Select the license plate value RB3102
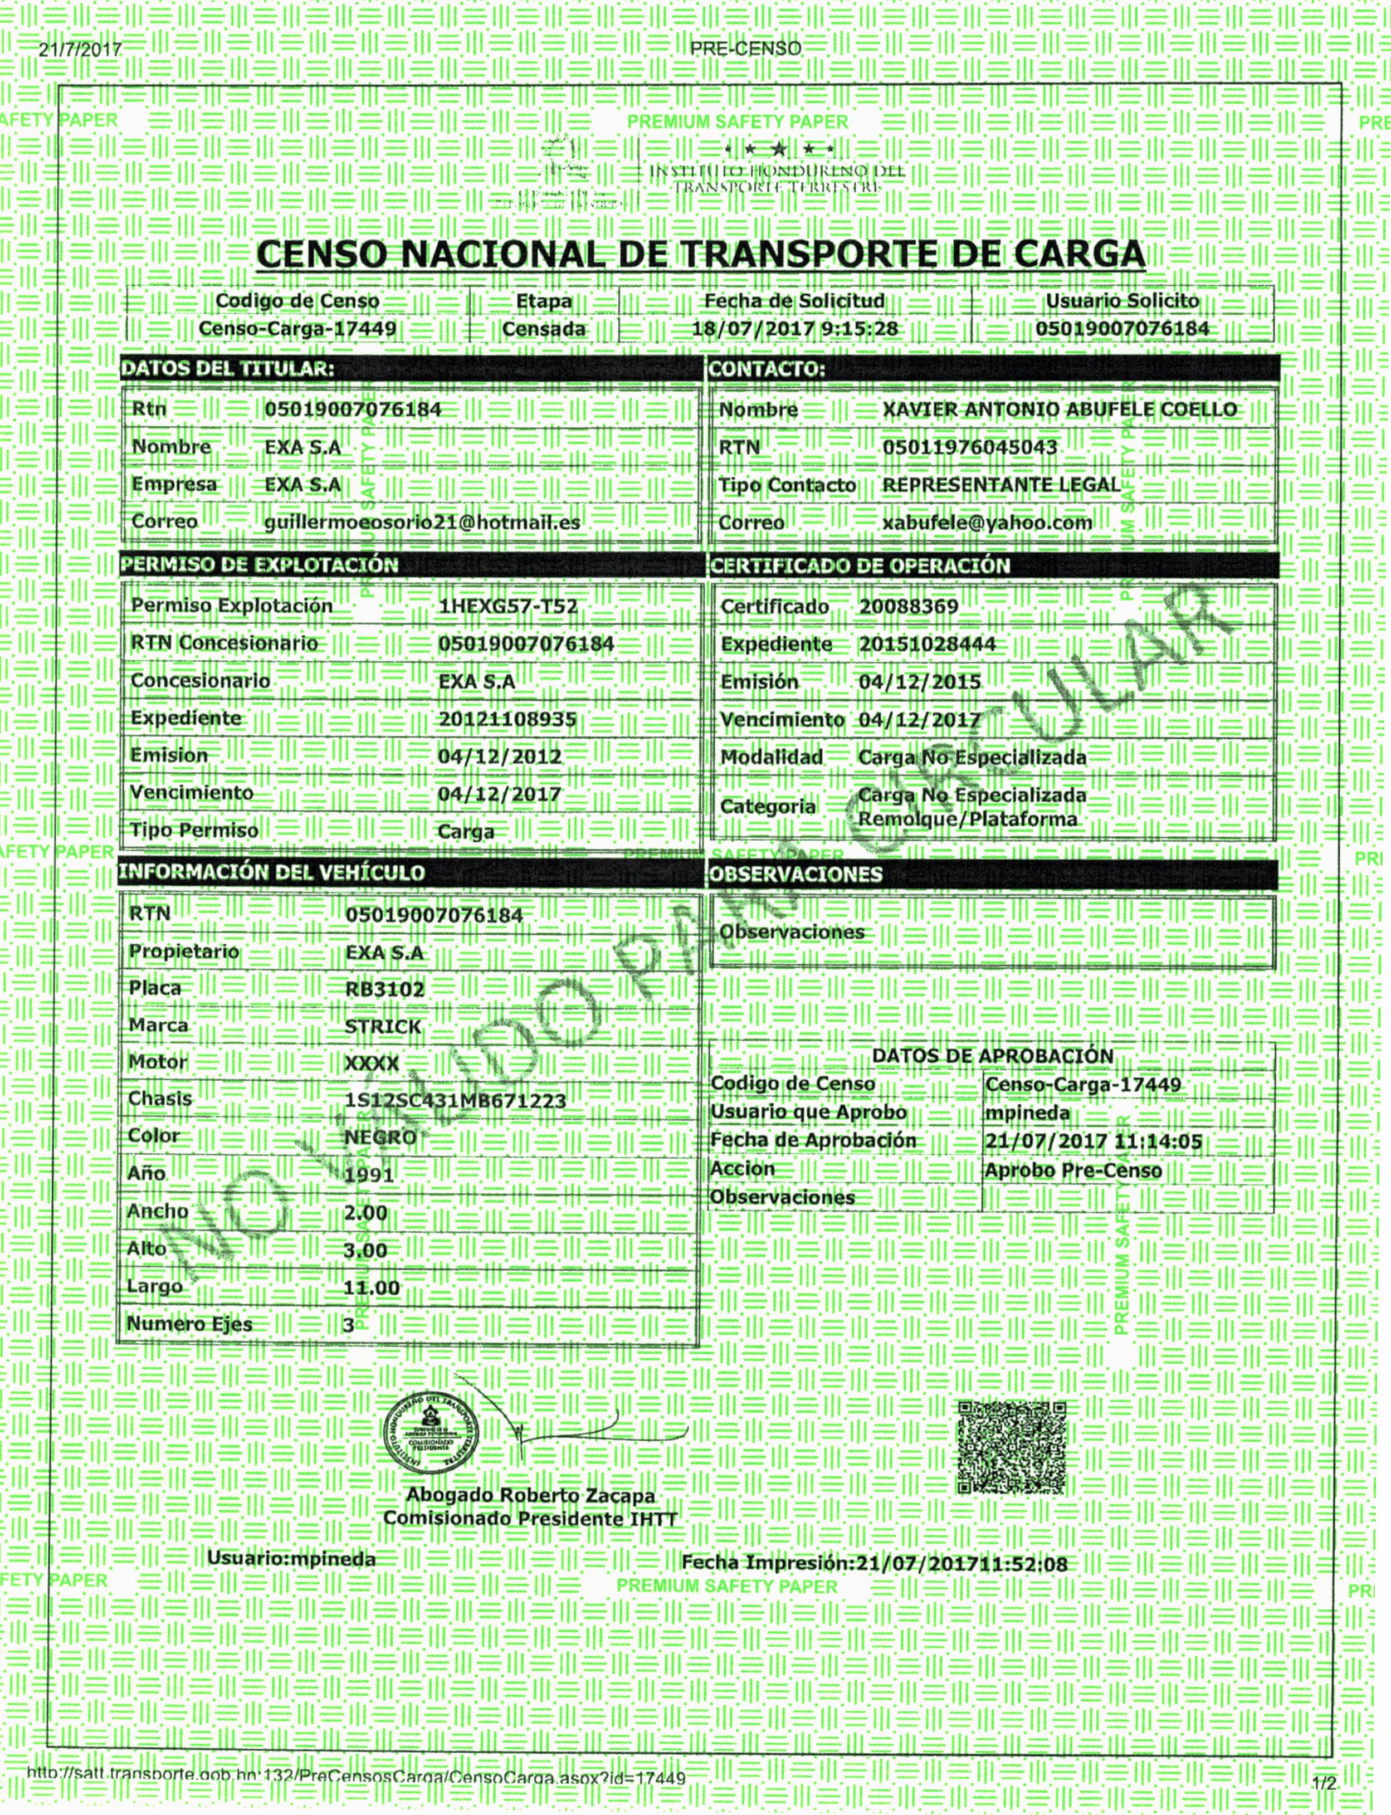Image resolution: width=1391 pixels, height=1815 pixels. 384,989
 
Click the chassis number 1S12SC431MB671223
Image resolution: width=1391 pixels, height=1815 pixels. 455,1101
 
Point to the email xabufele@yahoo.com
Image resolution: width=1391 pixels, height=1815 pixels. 987,523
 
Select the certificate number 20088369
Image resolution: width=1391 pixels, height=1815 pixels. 908,607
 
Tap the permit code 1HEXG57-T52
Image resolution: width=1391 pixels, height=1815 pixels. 507,607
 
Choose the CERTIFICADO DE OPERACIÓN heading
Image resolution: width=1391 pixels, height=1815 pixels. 860,567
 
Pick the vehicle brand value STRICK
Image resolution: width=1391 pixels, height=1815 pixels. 383,1027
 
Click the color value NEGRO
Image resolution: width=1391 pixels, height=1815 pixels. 380,1138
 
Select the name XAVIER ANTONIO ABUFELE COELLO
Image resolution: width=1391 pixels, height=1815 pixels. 1059,410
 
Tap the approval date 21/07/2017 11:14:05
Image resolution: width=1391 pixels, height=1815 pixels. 1092,1143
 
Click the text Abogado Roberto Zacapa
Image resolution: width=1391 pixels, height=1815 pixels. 530,1495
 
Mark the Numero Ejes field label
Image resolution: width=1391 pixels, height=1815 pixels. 189,1324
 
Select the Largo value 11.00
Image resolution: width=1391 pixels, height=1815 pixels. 371,1287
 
